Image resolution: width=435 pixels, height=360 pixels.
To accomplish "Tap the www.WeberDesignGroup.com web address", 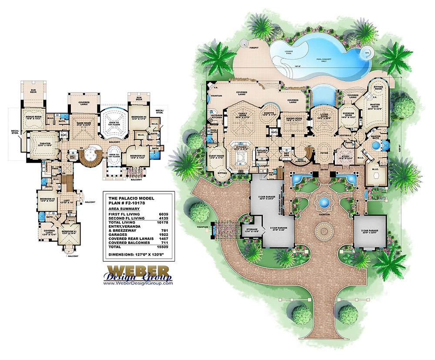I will coord(138,283).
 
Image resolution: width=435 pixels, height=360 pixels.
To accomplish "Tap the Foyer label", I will coord(325,152).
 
